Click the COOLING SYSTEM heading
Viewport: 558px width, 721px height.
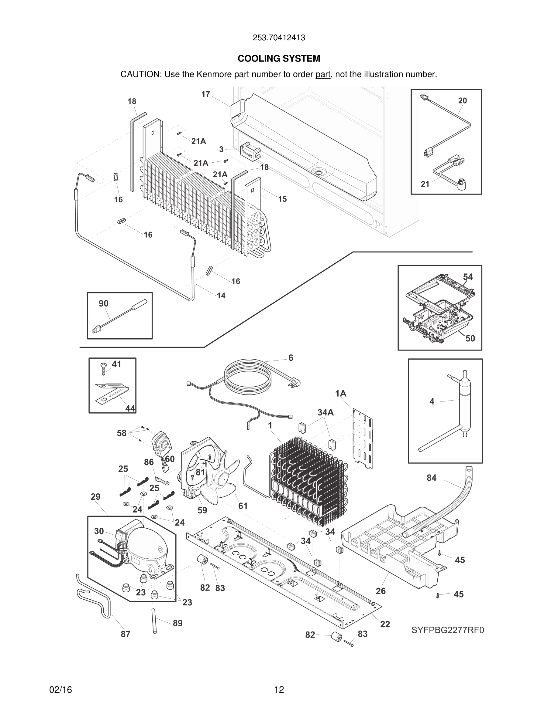[x=279, y=59]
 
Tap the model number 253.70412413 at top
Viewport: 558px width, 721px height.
[x=279, y=38]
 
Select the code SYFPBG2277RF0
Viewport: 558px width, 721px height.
[x=448, y=630]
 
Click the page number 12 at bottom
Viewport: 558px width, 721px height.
[x=279, y=690]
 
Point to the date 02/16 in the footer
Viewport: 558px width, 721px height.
[x=60, y=690]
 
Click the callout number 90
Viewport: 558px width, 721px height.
[x=103, y=303]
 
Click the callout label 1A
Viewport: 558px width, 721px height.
[x=340, y=394]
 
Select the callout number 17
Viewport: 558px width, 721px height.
[x=206, y=94]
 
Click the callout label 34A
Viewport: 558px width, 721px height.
[x=325, y=412]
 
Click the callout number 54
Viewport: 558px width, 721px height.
[x=468, y=277]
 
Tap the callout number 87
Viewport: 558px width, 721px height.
[x=125, y=641]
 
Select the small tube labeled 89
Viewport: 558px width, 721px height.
[x=154, y=621]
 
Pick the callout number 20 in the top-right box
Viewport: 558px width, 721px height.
[x=463, y=101]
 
